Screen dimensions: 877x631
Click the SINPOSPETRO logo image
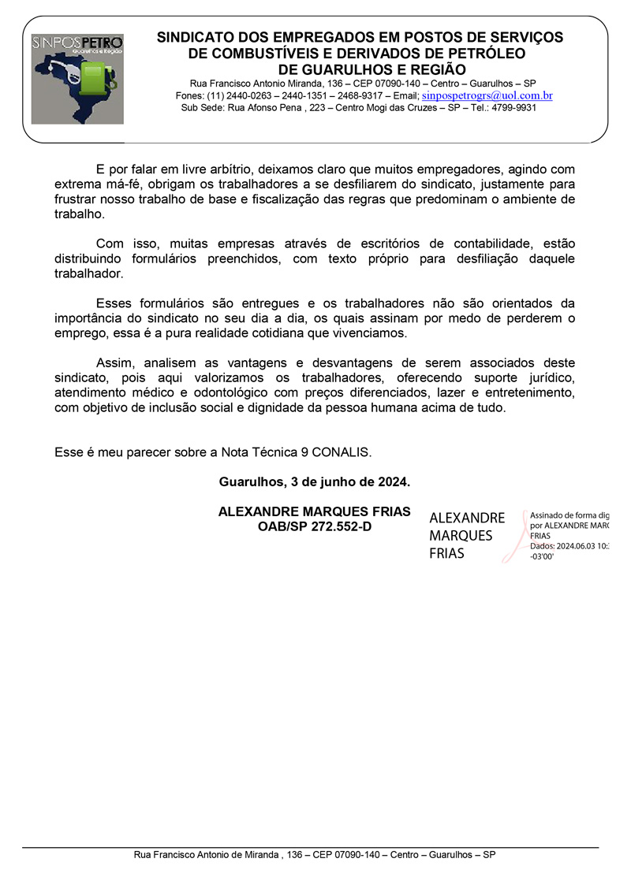[77, 79]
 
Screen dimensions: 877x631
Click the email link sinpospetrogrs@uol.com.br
[487, 95]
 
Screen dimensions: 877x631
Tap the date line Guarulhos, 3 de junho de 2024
[314, 481]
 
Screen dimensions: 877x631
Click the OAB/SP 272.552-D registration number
[314, 526]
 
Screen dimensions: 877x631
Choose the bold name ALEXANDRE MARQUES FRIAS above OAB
[314, 511]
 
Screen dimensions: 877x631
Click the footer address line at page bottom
[314, 854]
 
